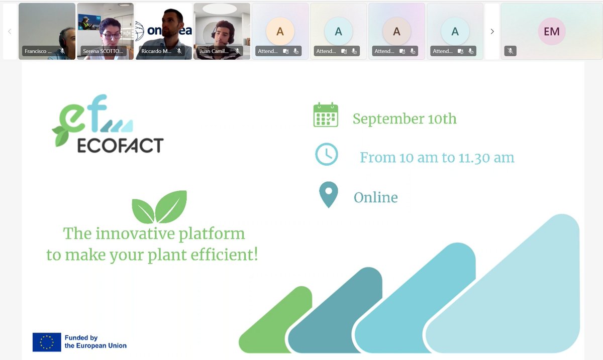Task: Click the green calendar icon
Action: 326,115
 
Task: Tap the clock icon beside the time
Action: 327,154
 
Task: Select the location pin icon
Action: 329,195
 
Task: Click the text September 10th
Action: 405,119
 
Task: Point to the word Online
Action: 375,197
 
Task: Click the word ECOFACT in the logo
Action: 120,146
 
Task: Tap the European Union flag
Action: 47,342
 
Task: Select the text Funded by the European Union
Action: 95,342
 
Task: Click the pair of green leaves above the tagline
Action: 159,207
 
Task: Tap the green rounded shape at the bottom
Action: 276,321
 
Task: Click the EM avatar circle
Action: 551,31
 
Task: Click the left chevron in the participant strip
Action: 10,31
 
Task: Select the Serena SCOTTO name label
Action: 103,51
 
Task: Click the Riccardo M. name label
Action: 157,51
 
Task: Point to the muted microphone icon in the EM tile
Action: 510,51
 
